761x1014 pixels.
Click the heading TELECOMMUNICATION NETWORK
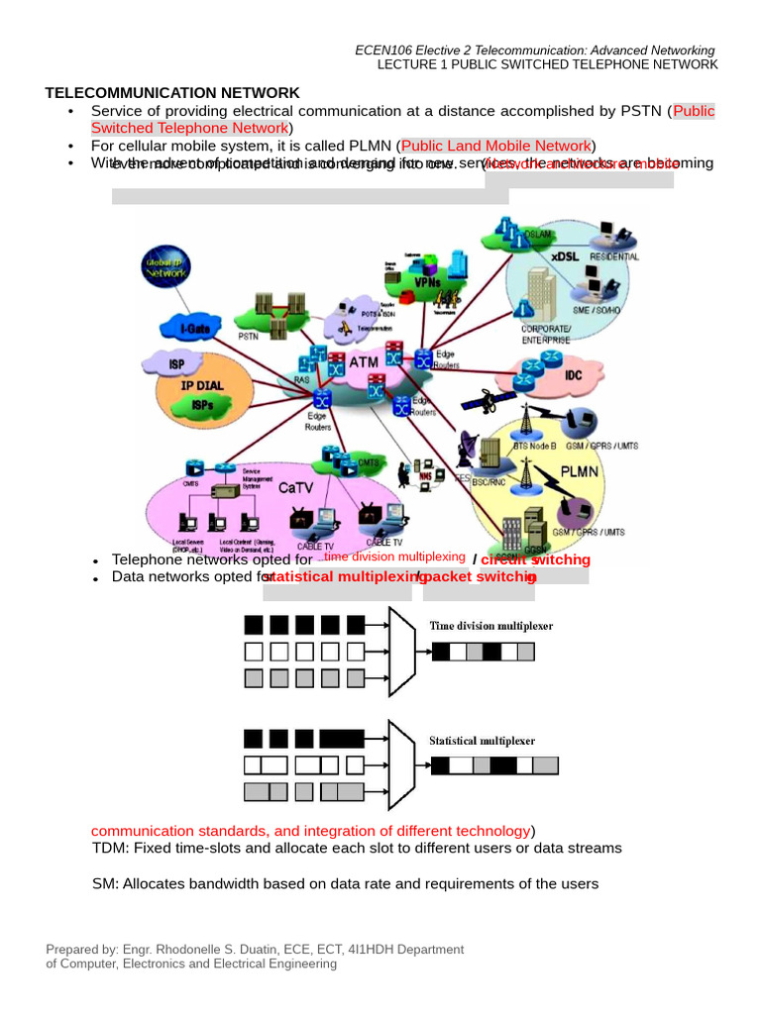(171, 93)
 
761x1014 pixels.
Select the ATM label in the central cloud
(364, 363)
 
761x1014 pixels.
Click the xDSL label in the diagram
(566, 255)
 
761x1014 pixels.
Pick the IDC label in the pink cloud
(574, 376)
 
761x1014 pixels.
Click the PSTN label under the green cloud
(249, 337)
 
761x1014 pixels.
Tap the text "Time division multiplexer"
(490, 626)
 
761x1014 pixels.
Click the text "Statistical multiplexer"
(482, 741)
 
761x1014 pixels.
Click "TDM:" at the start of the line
(110, 849)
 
